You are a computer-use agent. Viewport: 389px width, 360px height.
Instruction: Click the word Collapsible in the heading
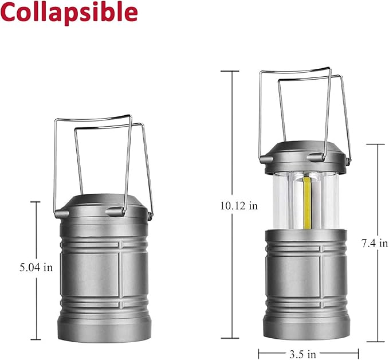click(x=69, y=13)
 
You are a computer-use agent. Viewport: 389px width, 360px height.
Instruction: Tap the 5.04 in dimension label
click(x=36, y=267)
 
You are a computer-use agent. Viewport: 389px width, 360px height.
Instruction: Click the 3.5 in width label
click(x=308, y=353)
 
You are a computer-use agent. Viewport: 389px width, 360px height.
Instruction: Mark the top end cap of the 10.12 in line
click(x=230, y=71)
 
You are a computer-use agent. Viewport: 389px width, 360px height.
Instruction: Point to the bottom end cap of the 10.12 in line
click(x=230, y=339)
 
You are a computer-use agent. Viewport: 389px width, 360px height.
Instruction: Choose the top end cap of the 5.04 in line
click(x=36, y=202)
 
